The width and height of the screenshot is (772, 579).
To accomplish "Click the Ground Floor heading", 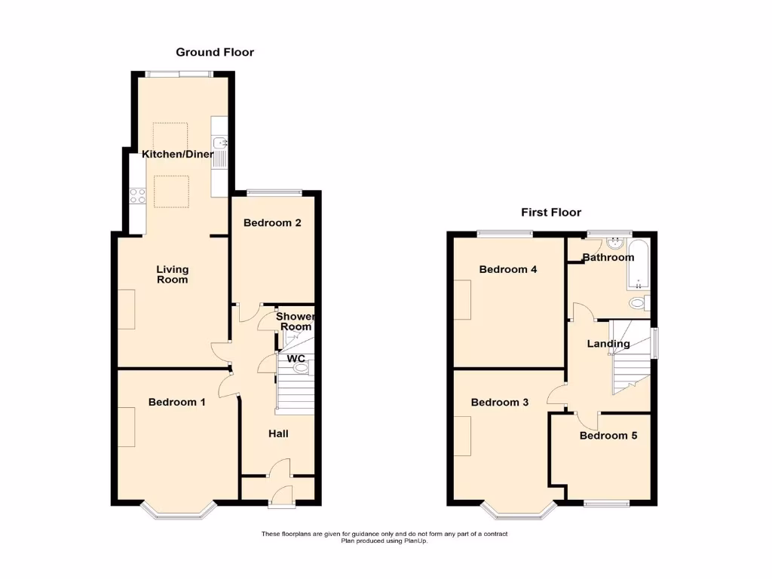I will pyautogui.click(x=215, y=52).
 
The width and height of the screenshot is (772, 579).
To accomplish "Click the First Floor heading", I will pyautogui.click(x=551, y=213).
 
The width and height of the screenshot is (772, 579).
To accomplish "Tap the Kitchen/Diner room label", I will pyautogui.click(x=177, y=155).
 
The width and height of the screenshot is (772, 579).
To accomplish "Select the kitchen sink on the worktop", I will pyautogui.click(x=220, y=142).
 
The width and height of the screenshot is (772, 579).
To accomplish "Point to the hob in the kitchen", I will pyautogui.click(x=137, y=196).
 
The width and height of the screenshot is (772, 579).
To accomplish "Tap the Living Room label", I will pyautogui.click(x=173, y=274).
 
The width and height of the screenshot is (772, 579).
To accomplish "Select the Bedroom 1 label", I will pyautogui.click(x=176, y=403).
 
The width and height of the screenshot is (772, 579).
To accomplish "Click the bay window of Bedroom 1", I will pyautogui.click(x=179, y=514).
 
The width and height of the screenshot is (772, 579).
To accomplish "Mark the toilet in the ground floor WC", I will pyautogui.click(x=301, y=368).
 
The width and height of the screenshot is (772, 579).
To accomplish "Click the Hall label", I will pyautogui.click(x=279, y=433).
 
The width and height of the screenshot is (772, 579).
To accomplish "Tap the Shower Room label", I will pyautogui.click(x=294, y=322).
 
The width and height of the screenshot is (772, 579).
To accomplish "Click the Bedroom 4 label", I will pyautogui.click(x=508, y=269).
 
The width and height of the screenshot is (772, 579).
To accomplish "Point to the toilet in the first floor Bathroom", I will pyautogui.click(x=638, y=305).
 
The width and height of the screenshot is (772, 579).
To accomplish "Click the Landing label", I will pyautogui.click(x=608, y=344).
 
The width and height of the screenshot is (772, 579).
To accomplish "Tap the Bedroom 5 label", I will pyautogui.click(x=603, y=436).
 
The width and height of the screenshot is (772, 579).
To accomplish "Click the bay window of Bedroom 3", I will pyautogui.click(x=519, y=514).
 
